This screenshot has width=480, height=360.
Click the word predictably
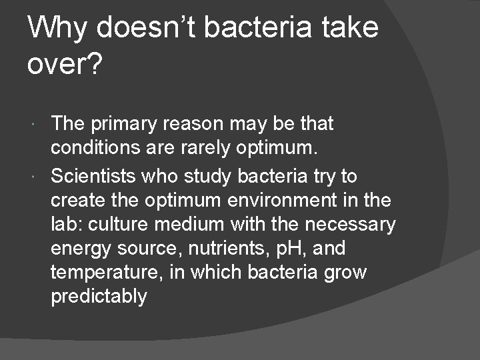[x=99, y=297]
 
